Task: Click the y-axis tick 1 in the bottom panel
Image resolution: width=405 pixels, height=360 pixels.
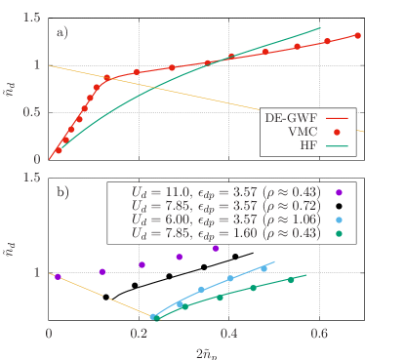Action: [39, 273]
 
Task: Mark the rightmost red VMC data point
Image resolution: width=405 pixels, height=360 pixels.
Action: [358, 35]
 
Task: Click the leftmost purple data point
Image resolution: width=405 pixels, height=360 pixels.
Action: [58, 277]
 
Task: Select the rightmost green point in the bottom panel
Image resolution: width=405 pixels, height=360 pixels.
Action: [291, 280]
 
